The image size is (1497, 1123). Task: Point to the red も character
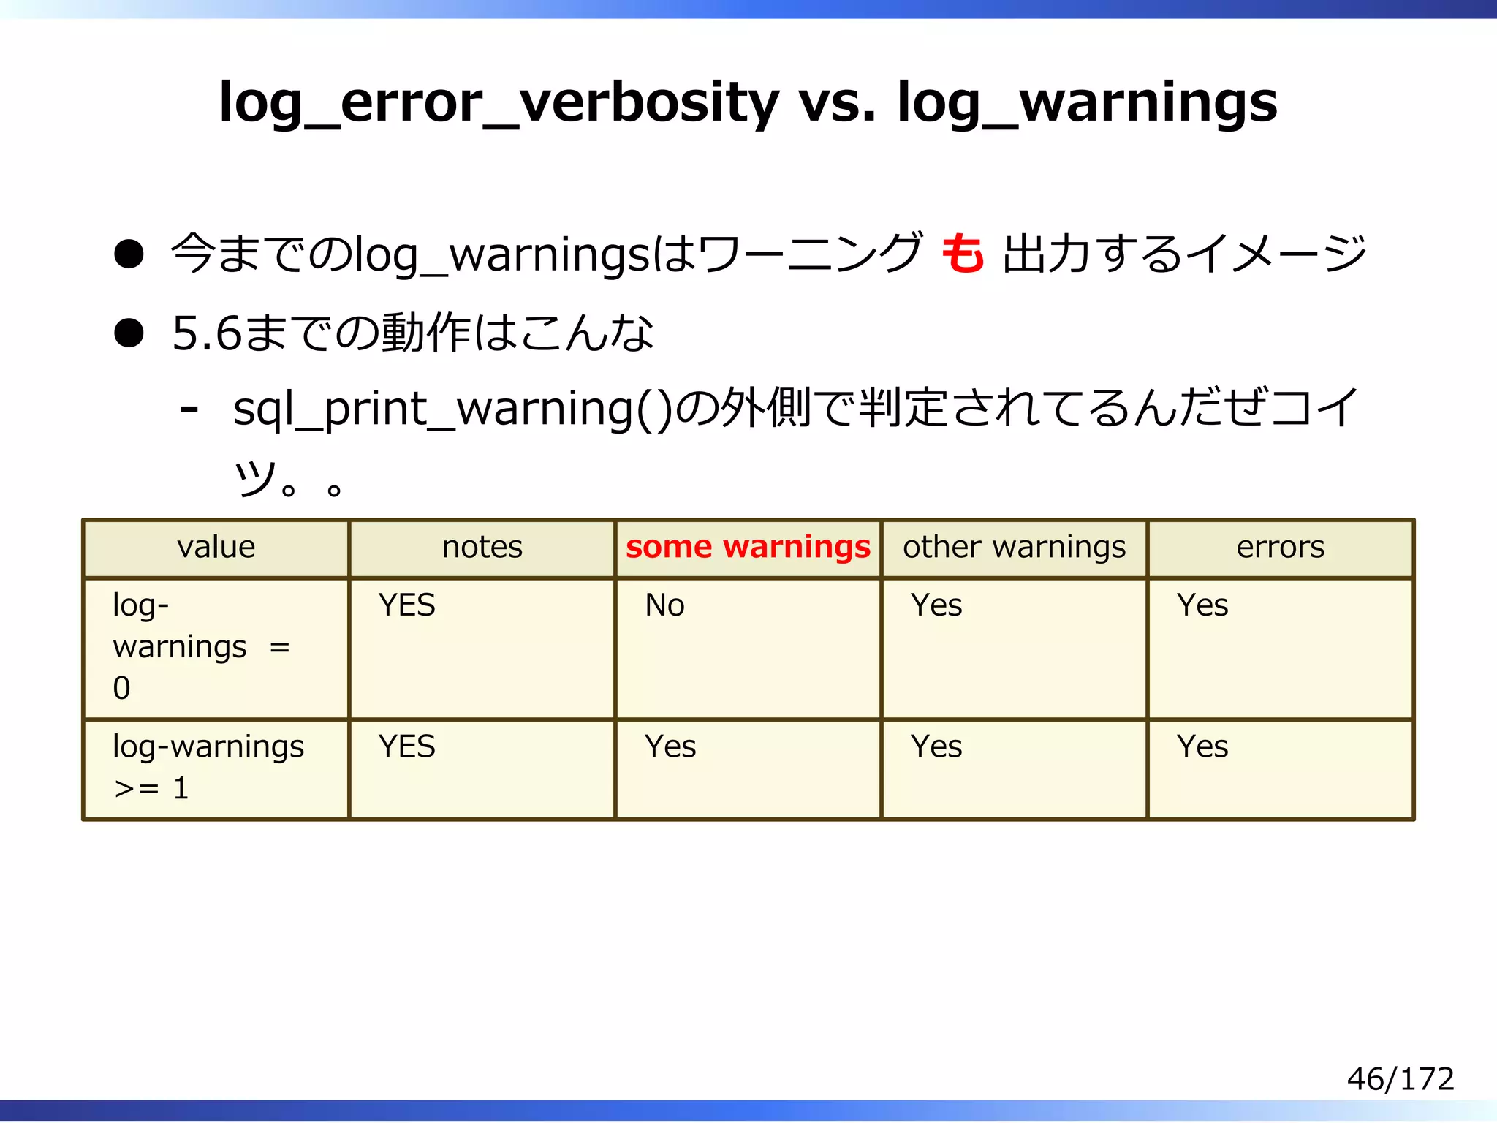962,254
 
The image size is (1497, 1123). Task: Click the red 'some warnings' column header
748,548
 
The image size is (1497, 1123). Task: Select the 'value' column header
216,548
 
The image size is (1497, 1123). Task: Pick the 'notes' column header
482,548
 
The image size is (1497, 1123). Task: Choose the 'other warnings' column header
1014,548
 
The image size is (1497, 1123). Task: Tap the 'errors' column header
1280,548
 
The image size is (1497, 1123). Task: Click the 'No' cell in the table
664,605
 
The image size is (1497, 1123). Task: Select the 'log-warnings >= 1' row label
208,767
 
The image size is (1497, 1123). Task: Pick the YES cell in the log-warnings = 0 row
406,605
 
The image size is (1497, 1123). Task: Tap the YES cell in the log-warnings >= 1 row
406,747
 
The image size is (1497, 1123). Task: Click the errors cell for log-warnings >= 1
1202,747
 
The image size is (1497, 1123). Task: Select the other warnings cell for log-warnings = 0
936,605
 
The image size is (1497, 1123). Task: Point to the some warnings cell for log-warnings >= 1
670,747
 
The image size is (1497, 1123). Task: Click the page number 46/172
1400,1079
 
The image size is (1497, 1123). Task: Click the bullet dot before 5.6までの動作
129,333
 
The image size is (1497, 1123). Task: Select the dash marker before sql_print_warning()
189,409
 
